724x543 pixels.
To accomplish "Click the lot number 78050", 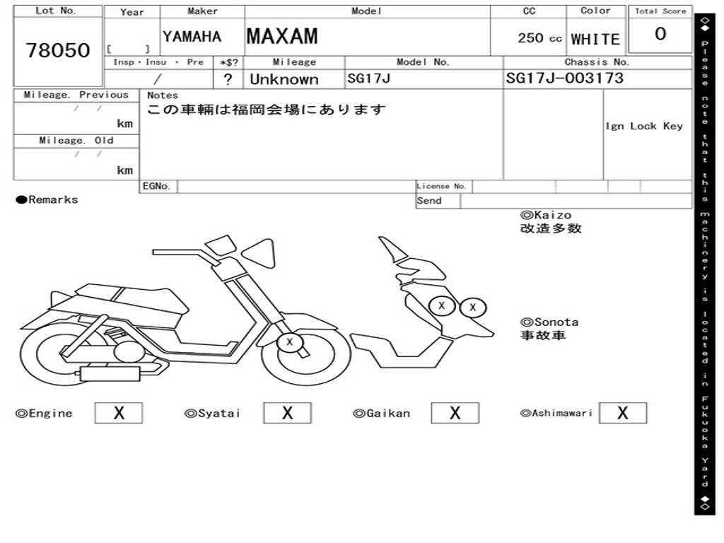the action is [x=58, y=50].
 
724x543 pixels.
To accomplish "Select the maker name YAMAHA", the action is [x=192, y=37].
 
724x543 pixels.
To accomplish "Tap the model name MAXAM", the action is [x=282, y=36].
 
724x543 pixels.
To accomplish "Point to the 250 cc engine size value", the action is [x=539, y=38].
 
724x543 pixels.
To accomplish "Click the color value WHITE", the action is [x=595, y=40].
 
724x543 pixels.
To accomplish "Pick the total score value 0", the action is [x=660, y=35].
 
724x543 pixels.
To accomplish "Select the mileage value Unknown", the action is [x=284, y=79].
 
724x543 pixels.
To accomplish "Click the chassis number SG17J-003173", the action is [x=565, y=78].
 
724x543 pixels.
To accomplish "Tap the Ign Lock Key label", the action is [x=644, y=127].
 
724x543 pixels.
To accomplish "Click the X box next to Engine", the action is [x=119, y=413].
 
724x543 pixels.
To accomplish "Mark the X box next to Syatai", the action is [x=287, y=413].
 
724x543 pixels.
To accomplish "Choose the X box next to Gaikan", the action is [x=455, y=413].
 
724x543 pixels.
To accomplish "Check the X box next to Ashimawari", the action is [x=622, y=413].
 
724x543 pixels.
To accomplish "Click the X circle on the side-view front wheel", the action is [x=289, y=344].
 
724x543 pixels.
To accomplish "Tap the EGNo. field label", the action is [x=156, y=187].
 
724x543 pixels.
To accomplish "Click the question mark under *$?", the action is [x=228, y=79].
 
